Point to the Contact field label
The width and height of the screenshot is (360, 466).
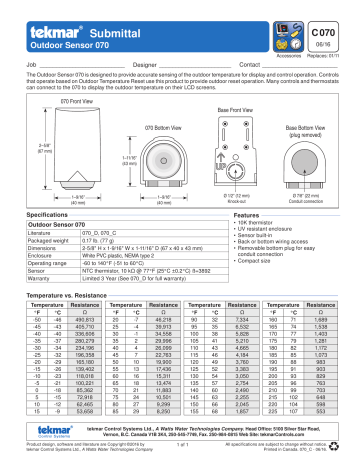coord(251,63)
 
